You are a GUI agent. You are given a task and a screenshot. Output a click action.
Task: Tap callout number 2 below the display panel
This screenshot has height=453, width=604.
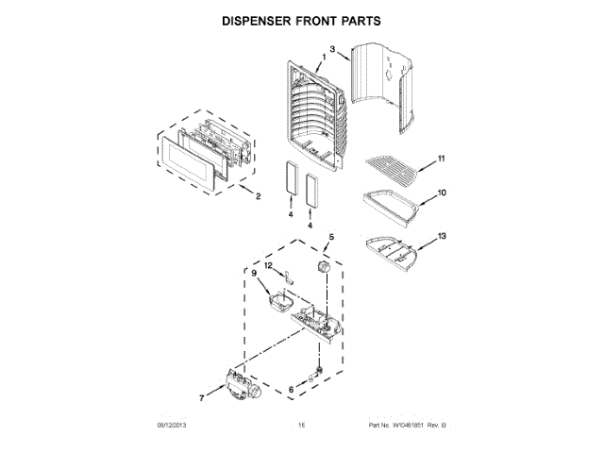(x=258, y=197)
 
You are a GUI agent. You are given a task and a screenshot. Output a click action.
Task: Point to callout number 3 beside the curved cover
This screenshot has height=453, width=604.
(x=333, y=47)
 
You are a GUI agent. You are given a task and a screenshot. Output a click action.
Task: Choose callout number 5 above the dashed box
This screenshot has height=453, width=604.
(x=331, y=237)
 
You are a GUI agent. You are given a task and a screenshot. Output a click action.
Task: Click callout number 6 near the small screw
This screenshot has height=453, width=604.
(x=292, y=389)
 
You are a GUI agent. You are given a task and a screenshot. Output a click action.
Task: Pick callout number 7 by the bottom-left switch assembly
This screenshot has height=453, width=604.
(x=202, y=396)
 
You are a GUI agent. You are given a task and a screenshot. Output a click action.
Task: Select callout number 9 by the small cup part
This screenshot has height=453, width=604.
(x=254, y=273)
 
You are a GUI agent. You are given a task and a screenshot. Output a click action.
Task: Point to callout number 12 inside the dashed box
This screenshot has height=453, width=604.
(x=268, y=266)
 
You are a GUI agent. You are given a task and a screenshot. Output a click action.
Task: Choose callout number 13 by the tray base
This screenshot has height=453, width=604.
(x=442, y=233)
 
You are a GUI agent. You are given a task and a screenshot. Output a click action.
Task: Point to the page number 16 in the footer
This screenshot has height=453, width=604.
(x=301, y=426)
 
